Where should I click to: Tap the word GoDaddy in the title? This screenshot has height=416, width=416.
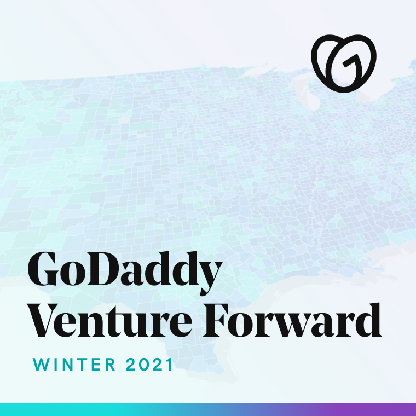click(x=125, y=273)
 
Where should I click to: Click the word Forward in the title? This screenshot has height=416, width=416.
click(x=292, y=320)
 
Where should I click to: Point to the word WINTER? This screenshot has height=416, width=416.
click(x=74, y=365)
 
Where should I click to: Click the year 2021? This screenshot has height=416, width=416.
click(x=148, y=365)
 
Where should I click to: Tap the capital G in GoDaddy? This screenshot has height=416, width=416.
click(x=43, y=269)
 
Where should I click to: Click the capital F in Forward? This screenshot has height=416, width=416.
click(x=218, y=321)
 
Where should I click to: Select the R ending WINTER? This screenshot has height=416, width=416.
click(x=111, y=365)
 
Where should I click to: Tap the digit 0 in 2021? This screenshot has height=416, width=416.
click(x=143, y=365)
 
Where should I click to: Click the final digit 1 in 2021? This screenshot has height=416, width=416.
click(x=169, y=365)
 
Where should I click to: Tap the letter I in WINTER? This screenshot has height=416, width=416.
click(x=56, y=365)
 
